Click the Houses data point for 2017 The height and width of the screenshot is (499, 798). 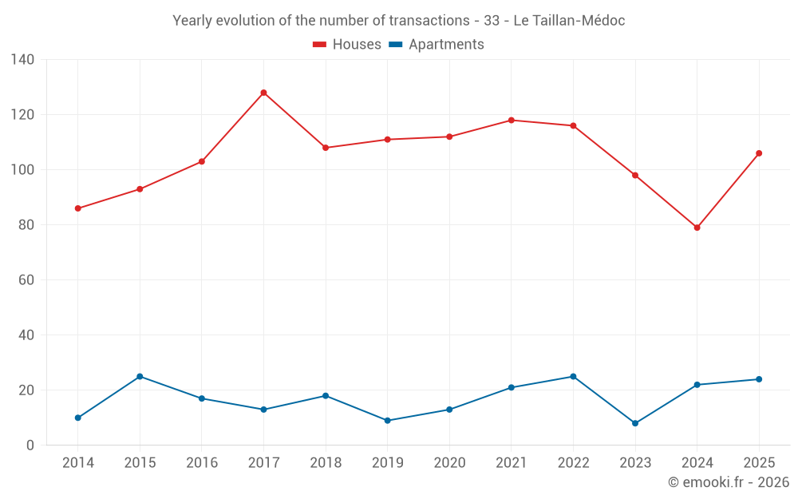click(263, 93)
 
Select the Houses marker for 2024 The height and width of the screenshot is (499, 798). click(697, 228)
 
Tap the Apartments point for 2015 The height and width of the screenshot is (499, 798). click(140, 377)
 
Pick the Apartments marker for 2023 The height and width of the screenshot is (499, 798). click(635, 423)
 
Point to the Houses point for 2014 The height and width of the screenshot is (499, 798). click(78, 208)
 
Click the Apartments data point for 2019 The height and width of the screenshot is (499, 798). click(387, 421)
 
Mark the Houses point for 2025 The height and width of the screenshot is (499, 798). click(759, 153)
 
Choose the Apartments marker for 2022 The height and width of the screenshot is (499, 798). click(573, 377)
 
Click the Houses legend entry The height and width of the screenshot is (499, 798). click(347, 44)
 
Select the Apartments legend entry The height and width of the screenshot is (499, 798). click(437, 44)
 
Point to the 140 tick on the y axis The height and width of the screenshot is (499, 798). click(23, 60)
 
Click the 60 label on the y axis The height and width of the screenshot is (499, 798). click(26, 280)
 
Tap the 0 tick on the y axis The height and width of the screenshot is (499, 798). click(30, 446)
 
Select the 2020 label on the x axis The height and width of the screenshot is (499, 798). click(449, 462)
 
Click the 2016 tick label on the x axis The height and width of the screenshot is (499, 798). click(202, 462)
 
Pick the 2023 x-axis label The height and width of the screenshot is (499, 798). click(635, 462)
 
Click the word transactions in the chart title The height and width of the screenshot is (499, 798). click(429, 21)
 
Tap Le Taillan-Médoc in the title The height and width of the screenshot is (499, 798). click(569, 21)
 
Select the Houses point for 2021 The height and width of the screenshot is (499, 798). click(512, 121)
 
